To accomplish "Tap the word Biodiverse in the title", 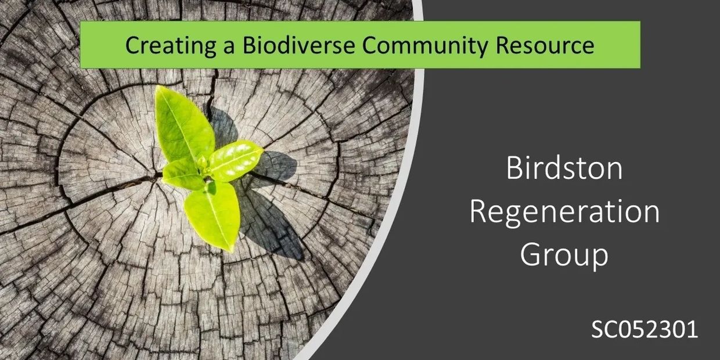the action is (x=298, y=45).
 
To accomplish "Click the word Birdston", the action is (x=564, y=168).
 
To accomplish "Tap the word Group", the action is (x=564, y=255).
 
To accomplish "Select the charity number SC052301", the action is (x=645, y=329).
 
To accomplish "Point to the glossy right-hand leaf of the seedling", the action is (x=236, y=160).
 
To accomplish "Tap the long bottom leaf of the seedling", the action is (x=213, y=216).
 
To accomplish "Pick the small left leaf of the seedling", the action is (x=182, y=175).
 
